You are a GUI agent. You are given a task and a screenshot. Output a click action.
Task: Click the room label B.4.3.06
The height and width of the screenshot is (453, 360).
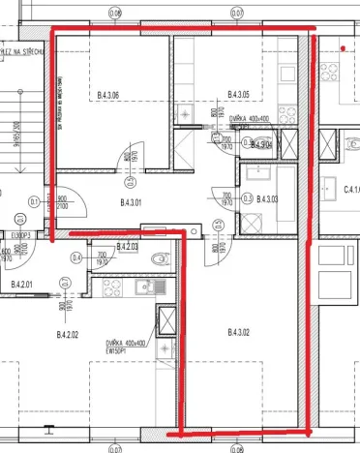pos(107,95)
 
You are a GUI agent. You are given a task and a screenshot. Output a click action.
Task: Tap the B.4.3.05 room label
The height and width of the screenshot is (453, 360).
pos(238,95)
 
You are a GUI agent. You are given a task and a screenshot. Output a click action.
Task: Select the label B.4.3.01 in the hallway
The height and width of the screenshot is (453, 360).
pos(131,202)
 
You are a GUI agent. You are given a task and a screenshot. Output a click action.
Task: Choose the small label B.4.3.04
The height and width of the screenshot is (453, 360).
pos(260,145)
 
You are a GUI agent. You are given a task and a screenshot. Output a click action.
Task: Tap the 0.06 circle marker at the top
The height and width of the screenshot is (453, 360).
pos(115,13)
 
